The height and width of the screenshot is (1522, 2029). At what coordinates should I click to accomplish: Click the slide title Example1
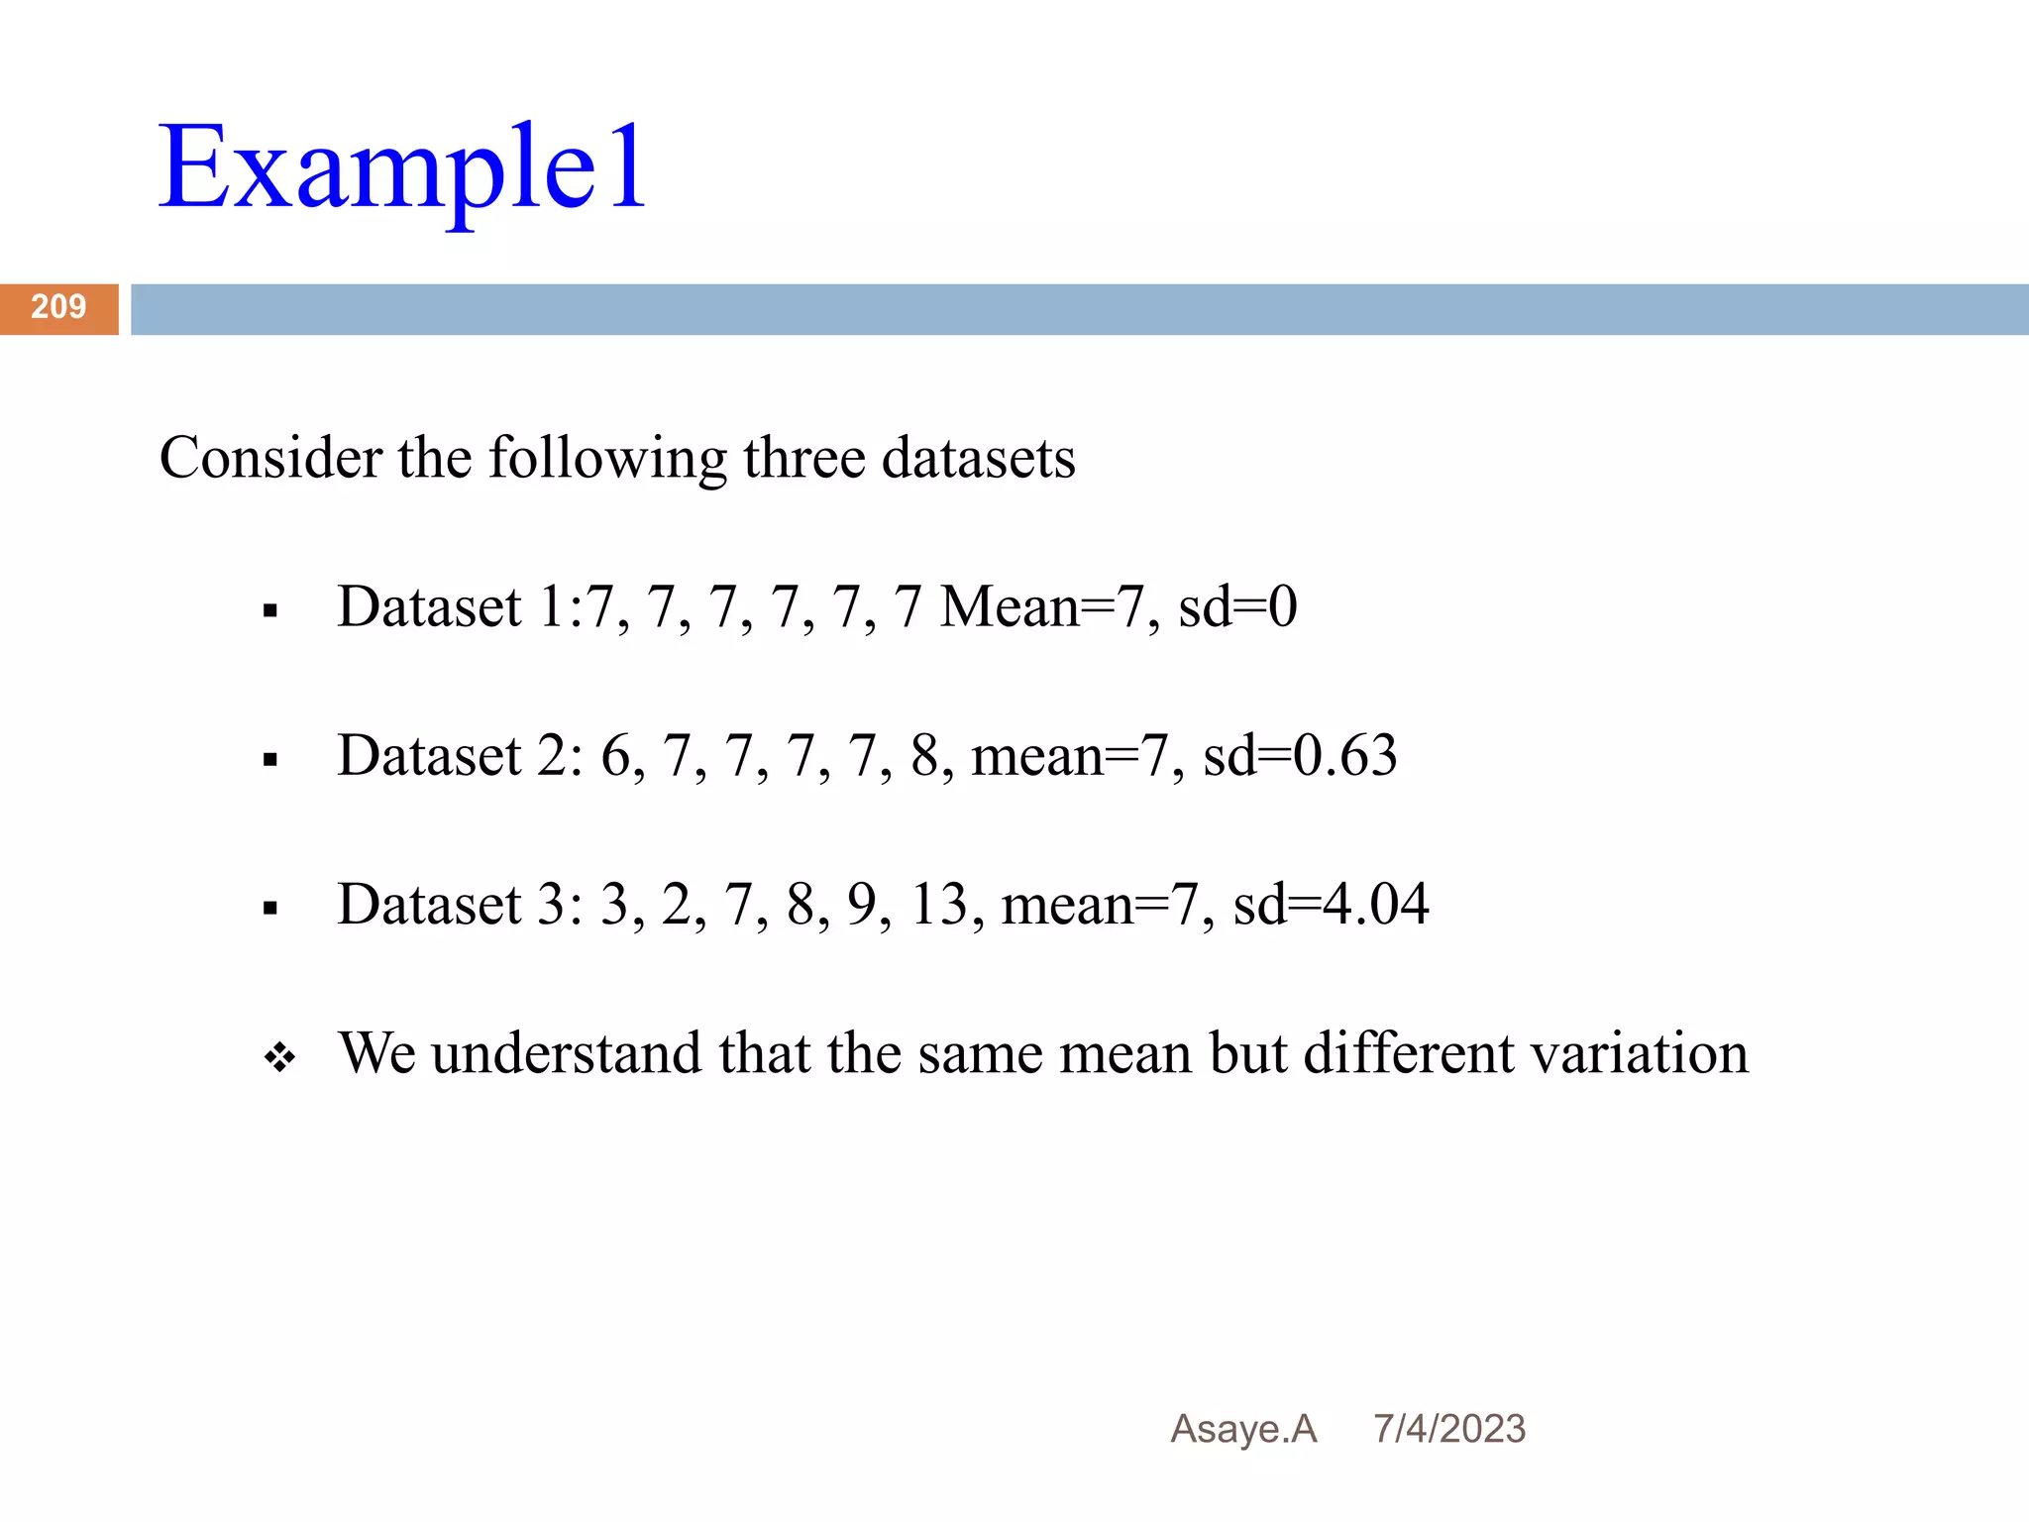[x=402, y=168]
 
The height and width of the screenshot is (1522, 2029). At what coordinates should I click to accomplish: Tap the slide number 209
[x=58, y=307]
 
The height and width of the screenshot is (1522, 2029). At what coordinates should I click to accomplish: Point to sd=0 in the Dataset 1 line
[x=1237, y=606]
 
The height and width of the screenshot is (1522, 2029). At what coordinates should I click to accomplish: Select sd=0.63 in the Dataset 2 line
[x=1300, y=755]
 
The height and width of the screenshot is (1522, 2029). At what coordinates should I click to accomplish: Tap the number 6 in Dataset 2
[x=615, y=756]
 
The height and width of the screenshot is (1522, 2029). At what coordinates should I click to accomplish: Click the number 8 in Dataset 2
[x=924, y=756]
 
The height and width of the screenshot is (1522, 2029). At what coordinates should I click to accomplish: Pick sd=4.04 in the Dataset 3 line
[x=1331, y=904]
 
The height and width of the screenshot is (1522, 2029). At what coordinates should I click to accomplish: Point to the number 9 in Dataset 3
[x=862, y=905]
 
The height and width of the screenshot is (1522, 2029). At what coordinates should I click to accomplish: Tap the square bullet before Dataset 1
[x=270, y=611]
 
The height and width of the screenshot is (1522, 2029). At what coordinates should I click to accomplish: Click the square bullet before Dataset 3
[x=270, y=909]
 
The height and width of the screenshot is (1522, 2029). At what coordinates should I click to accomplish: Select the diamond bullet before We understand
[x=279, y=1057]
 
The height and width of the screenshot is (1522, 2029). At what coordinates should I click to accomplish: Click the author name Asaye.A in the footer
[x=1243, y=1429]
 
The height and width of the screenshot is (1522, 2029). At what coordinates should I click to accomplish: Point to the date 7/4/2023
[x=1448, y=1429]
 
